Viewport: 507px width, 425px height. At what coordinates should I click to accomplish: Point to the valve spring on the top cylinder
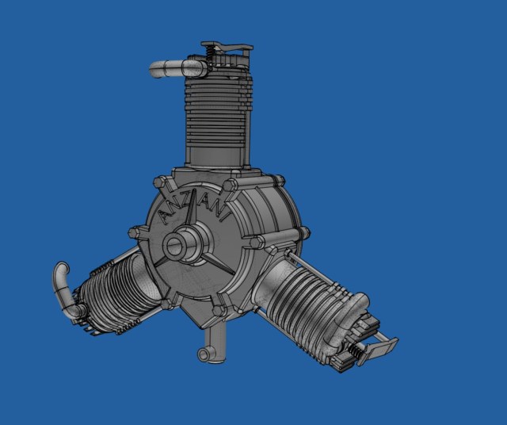tap(210, 53)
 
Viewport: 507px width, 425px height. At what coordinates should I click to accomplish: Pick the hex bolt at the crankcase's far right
tap(301, 233)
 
